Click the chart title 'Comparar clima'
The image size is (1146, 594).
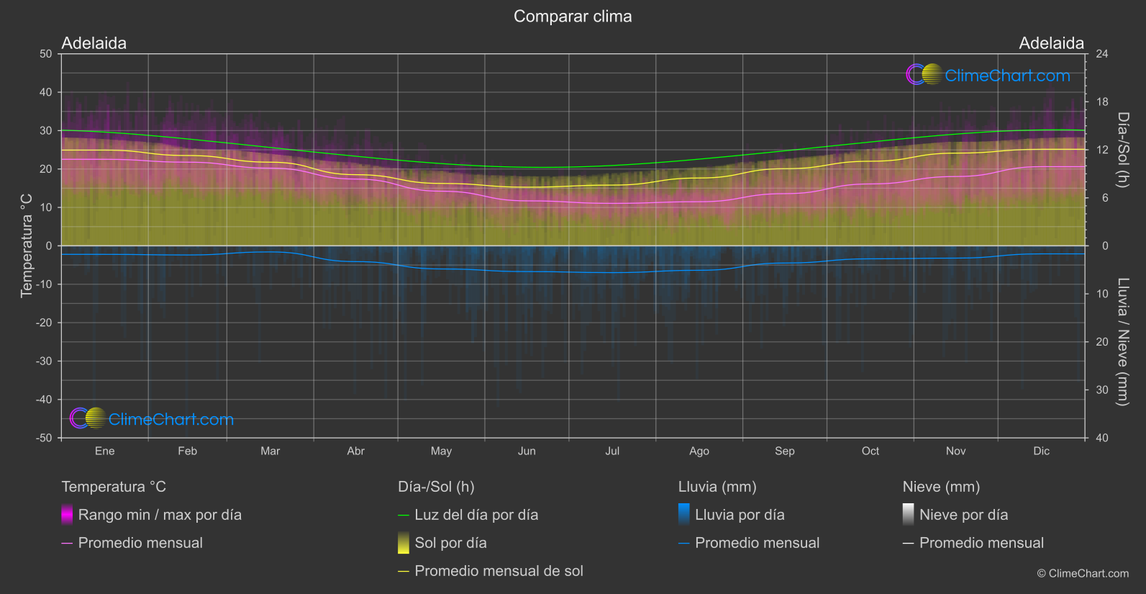coord(573,17)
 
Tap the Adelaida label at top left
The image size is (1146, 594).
coord(94,43)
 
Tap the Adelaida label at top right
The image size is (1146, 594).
coord(1051,43)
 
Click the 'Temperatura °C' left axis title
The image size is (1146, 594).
coord(27,245)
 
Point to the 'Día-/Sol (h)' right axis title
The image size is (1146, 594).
coord(1123,150)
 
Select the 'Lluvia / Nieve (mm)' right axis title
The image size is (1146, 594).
coord(1123,341)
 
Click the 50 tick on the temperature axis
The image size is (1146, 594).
coord(46,54)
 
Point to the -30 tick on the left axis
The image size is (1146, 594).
coord(44,361)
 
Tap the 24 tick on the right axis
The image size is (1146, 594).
coord(1101,54)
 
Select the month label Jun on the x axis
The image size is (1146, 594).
coord(527,451)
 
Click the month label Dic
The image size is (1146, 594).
coord(1041,451)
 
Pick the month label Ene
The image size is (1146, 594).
coord(104,451)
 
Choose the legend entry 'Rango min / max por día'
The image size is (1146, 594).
coord(160,515)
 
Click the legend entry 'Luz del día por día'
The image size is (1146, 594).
coord(476,515)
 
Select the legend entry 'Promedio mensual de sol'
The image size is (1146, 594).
coord(499,571)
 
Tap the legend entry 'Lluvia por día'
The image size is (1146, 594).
coord(740,515)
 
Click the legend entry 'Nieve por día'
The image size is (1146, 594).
coord(963,515)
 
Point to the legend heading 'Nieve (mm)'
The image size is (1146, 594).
coord(941,487)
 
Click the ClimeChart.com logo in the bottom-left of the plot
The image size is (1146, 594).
coord(152,419)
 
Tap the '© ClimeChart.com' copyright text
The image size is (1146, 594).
coord(1083,574)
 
